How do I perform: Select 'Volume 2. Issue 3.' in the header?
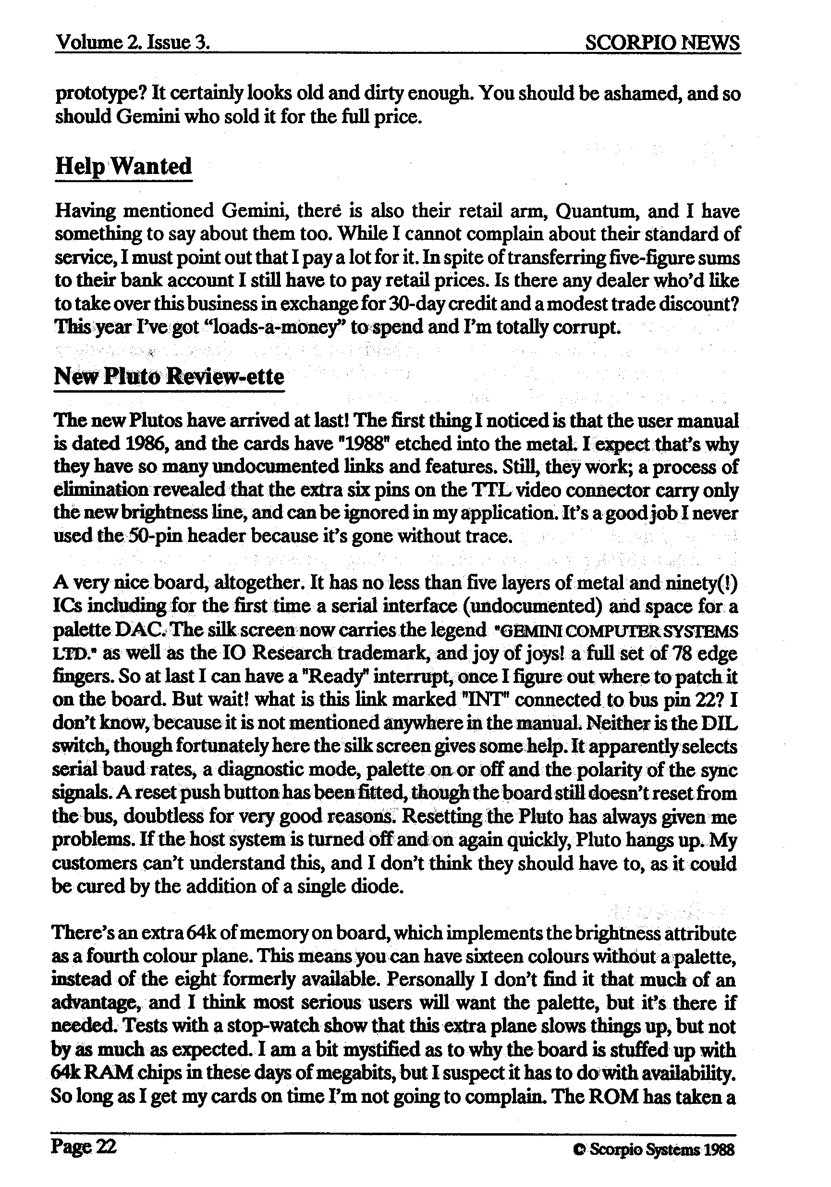pyautogui.click(x=132, y=42)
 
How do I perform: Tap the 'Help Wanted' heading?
pyautogui.click(x=123, y=166)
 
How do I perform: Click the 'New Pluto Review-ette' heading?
pyautogui.click(x=169, y=376)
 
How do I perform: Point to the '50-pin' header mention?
pyautogui.click(x=154, y=536)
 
